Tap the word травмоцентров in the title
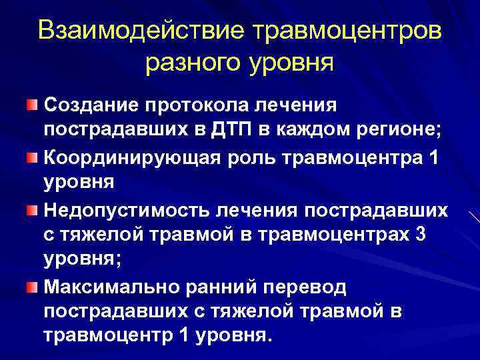click(344, 31)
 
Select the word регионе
click(398, 129)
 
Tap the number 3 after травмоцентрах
click(411, 235)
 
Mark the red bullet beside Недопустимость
click(33, 211)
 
